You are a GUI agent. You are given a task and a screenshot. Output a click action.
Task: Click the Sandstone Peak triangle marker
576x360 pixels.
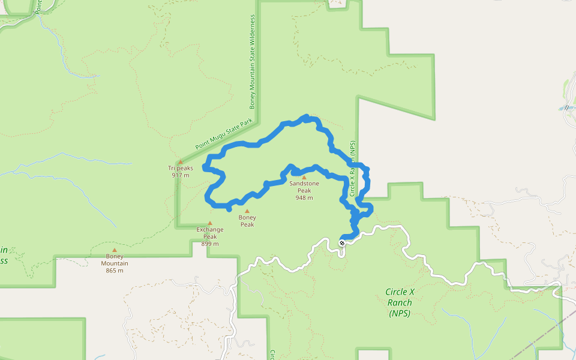304,178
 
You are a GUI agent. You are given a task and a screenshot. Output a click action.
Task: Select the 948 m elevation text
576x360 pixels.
304,197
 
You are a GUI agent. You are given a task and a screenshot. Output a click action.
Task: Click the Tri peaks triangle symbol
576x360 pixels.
180,162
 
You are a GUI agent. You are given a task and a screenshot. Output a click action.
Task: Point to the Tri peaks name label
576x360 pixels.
181,168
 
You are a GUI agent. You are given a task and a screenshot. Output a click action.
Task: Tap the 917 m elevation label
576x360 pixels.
181,175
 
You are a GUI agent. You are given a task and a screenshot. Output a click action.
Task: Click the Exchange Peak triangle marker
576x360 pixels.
209,223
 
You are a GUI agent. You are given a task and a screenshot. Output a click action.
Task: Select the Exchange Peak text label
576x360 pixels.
210,233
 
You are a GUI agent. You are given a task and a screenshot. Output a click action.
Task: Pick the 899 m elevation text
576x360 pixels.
210,244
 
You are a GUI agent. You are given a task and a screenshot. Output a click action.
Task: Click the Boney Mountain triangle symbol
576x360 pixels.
114,250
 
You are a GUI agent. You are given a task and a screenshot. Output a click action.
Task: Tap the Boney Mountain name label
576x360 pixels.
114,260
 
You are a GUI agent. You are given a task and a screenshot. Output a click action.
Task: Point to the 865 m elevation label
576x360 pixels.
114,271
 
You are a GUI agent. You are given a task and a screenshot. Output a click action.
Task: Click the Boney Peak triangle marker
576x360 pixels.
247,211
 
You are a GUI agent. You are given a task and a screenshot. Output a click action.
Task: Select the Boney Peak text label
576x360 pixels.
247,221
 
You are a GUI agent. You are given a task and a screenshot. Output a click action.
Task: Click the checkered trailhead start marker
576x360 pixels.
342,243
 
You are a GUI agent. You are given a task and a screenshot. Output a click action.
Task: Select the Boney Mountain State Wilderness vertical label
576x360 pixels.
253,62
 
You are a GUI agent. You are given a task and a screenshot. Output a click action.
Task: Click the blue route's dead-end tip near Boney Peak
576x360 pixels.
230,210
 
